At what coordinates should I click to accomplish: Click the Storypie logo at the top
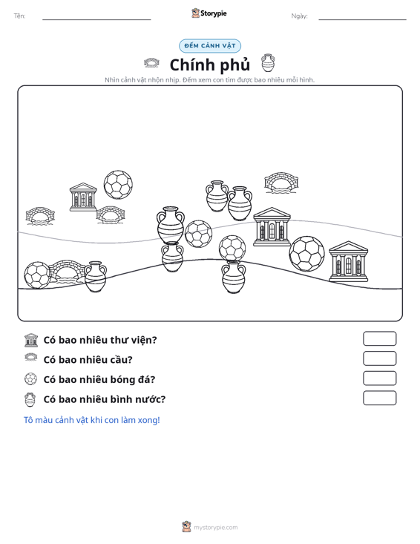tap(209, 13)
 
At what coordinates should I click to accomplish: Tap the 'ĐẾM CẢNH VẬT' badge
tap(210, 46)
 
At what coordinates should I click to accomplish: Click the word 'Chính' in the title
tap(190, 65)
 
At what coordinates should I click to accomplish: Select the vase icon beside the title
tap(268, 63)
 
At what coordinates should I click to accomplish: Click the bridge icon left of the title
tap(151, 63)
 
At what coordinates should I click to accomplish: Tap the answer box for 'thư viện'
tap(379, 338)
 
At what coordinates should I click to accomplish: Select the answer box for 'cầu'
tap(379, 358)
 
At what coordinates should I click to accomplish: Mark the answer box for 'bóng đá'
tap(379, 378)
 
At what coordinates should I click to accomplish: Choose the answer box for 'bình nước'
tap(379, 398)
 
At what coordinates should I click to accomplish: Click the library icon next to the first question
tap(31, 340)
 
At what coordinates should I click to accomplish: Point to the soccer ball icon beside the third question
tap(30, 378)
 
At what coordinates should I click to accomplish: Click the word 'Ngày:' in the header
tap(299, 16)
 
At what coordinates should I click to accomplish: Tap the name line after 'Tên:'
tap(96, 19)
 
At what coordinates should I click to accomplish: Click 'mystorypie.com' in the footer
tap(215, 528)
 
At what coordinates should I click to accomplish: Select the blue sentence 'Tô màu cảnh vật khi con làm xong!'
tap(91, 420)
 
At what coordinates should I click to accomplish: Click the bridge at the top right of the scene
tap(281, 183)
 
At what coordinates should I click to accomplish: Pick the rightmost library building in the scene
tap(348, 261)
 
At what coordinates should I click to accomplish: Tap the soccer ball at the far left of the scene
tap(37, 275)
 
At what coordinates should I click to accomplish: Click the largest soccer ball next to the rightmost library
tap(306, 254)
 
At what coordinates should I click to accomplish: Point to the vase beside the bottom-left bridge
tap(96, 277)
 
